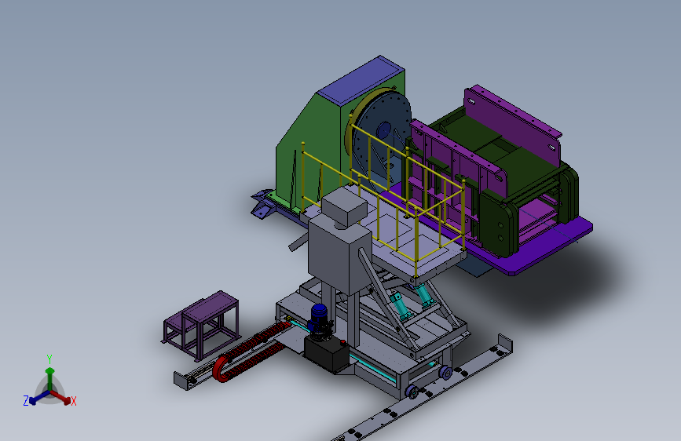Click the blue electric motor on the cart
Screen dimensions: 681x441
(x=319, y=317)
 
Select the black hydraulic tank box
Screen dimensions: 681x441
(x=327, y=353)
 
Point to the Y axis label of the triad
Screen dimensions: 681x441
(x=49, y=359)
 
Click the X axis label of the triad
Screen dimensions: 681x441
(x=73, y=401)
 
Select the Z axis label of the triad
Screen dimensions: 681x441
(x=26, y=401)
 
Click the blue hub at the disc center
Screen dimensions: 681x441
(x=384, y=130)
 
